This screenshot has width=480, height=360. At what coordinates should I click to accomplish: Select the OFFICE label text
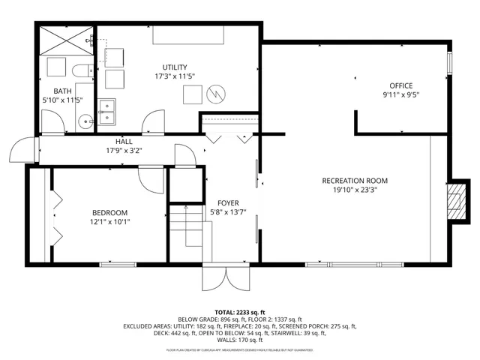pyautogui.click(x=401, y=85)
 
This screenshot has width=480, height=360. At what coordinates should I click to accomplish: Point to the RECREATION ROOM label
pyautogui.click(x=355, y=181)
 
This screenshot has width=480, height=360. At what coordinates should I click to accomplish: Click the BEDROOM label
pyautogui.click(x=109, y=212)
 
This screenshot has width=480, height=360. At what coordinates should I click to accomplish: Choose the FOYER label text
pyautogui.click(x=228, y=203)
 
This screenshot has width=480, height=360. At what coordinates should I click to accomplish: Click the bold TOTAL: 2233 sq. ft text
pyautogui.click(x=240, y=312)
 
